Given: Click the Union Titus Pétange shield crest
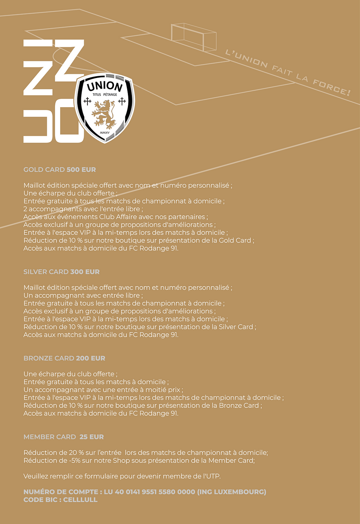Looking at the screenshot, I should point(105,108).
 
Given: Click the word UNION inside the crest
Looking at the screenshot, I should point(105,87).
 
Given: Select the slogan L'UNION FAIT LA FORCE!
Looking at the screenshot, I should point(288,72).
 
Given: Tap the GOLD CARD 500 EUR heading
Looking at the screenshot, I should point(60,170).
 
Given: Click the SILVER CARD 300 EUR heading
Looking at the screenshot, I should point(62,272).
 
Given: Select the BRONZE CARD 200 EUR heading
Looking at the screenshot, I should point(64,358).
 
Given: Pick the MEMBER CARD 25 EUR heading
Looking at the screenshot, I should point(63,437).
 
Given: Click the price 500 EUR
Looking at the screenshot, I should point(81,170).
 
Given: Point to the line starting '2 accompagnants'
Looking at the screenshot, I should point(83,209).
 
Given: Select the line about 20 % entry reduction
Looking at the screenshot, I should point(145,453).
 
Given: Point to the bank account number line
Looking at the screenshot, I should point(145,492).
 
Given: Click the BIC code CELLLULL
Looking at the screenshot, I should point(81,500).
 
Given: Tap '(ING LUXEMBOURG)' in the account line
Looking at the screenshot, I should point(232,492).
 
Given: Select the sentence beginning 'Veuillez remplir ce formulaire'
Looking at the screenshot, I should point(122,476).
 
